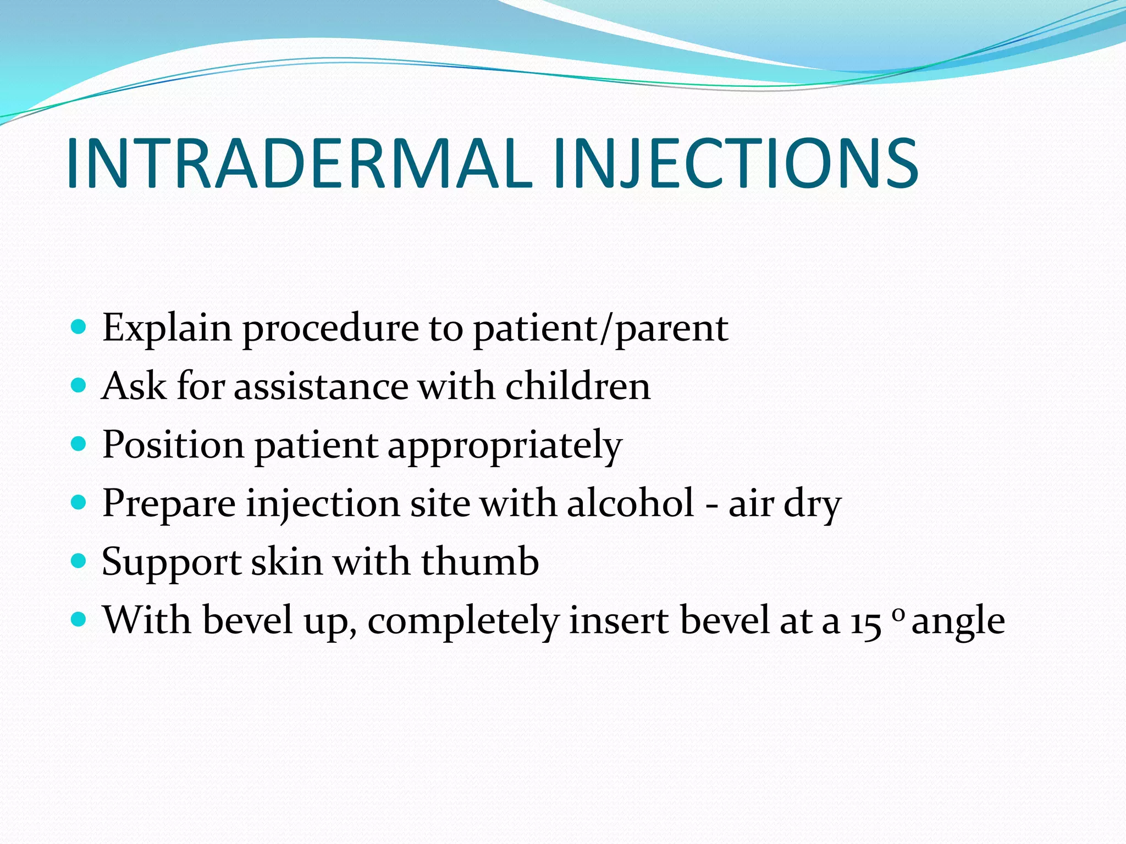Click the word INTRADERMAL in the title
tap(300, 164)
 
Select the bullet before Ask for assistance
tap(79, 386)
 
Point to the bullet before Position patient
tap(79, 444)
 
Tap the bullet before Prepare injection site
tap(79, 502)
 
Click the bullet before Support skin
tap(79, 561)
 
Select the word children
tap(578, 386)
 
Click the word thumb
tap(480, 562)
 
